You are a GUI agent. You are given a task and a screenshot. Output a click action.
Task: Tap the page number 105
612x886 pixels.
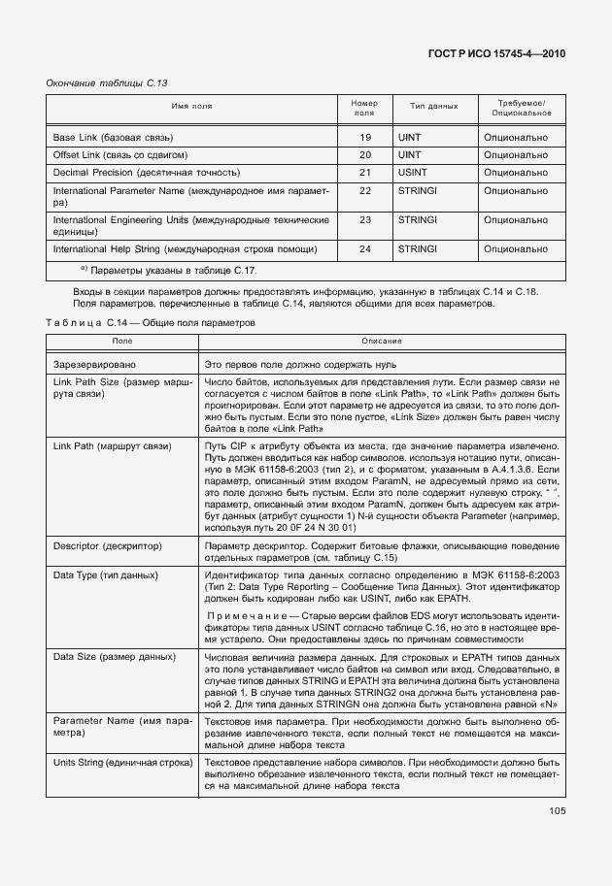click(x=557, y=810)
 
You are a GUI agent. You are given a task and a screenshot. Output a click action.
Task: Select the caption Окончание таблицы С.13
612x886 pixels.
click(x=100, y=83)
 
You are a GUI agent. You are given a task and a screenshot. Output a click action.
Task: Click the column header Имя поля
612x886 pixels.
click(x=191, y=107)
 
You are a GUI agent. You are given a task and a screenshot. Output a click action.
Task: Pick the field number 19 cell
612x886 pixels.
click(x=365, y=138)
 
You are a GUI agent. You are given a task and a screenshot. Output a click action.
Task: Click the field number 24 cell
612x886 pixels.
click(x=365, y=249)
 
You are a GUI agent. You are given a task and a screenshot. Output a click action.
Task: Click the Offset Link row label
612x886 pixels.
click(x=119, y=155)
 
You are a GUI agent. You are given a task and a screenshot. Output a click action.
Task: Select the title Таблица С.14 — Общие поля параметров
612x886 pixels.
click(x=151, y=323)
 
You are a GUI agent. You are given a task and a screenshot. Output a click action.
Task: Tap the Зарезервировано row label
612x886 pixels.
click(x=94, y=364)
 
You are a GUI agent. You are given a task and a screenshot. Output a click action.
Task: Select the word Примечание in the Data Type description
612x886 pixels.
click(x=245, y=615)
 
